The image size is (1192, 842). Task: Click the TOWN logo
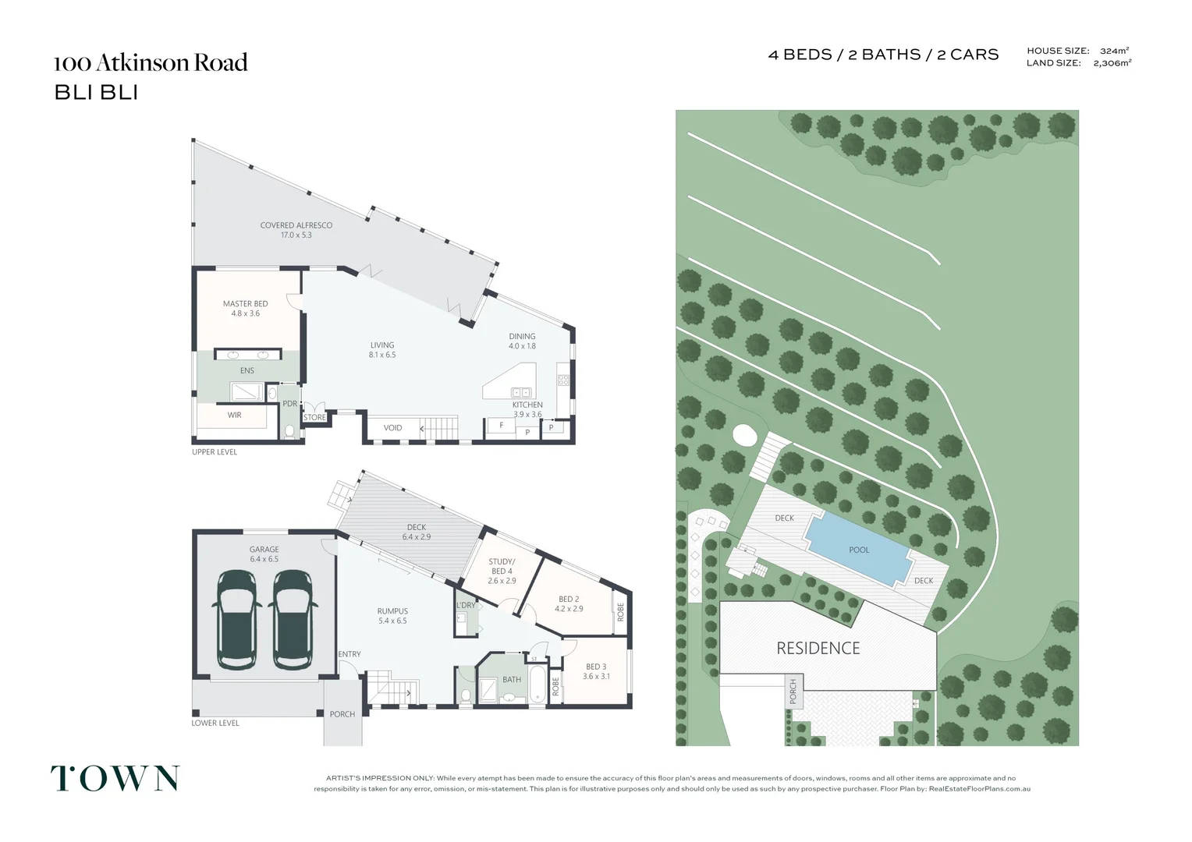click(115, 778)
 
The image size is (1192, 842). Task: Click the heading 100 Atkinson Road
click(151, 62)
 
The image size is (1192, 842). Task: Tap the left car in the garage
click(237, 620)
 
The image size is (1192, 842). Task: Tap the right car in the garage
click(292, 620)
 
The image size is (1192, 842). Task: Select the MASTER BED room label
click(245, 304)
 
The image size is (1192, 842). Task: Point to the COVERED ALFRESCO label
click(296, 225)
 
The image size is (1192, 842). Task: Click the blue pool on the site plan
click(858, 549)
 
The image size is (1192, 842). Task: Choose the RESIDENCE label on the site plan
click(818, 648)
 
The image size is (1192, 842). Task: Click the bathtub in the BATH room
click(538, 686)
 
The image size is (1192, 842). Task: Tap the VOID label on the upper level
click(392, 427)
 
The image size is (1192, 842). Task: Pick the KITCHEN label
click(527, 405)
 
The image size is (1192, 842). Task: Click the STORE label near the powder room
click(314, 417)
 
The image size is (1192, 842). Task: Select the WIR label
click(234, 415)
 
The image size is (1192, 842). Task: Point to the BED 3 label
click(596, 667)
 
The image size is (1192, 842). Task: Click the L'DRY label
click(466, 605)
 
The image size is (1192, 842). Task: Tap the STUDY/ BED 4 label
click(502, 566)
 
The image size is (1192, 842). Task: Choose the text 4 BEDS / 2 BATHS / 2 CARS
click(883, 55)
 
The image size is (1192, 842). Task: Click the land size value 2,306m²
click(1112, 63)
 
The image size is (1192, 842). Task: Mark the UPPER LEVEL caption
click(215, 452)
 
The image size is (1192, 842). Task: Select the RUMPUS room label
click(392, 611)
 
